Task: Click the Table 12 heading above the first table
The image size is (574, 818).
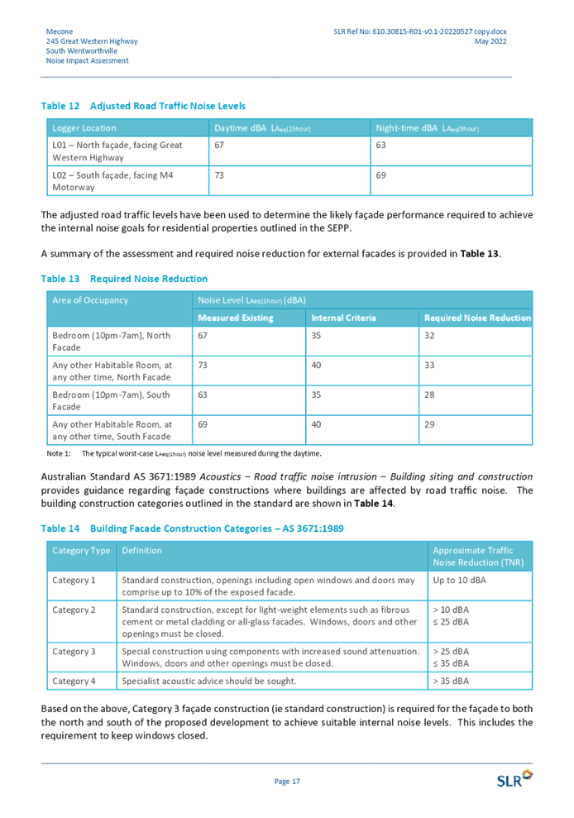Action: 143,107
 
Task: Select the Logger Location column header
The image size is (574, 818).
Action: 84,128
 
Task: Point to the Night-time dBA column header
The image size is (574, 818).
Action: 427,128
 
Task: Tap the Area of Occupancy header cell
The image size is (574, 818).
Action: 90,299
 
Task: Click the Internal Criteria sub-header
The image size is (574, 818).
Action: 343,318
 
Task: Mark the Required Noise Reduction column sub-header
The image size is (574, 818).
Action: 477,318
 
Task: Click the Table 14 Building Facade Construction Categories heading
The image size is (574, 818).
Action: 192,528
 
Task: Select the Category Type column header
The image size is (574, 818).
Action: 81,550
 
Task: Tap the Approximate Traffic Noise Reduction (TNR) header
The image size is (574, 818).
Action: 479,556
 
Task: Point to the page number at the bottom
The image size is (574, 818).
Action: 286,780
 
